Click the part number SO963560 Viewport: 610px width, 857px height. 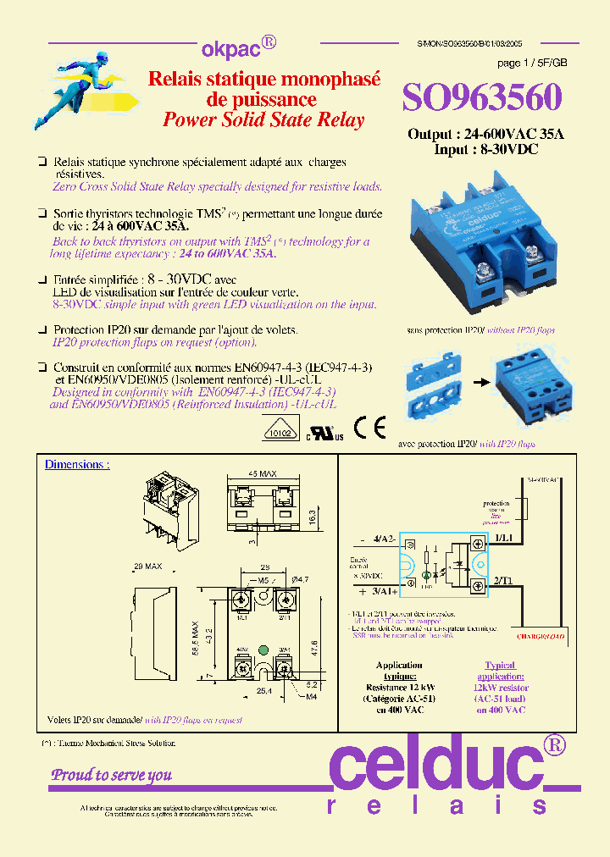pos(481,97)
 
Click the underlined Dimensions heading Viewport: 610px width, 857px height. pos(77,465)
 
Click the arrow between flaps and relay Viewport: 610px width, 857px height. pos(480,382)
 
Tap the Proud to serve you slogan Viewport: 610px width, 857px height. pos(111,774)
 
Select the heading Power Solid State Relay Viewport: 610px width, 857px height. pos(263,119)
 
